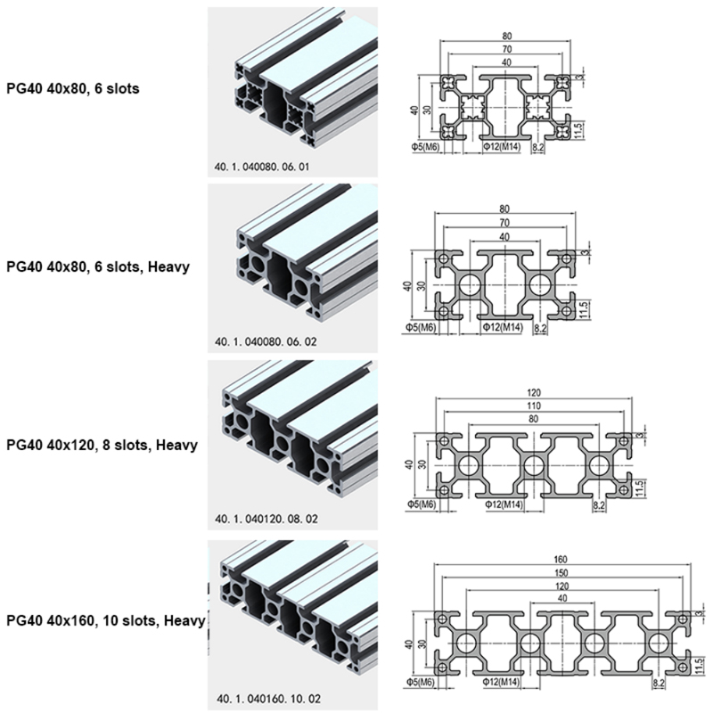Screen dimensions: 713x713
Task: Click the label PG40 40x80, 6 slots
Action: (72, 89)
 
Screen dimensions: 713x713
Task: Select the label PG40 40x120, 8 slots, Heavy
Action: (101, 443)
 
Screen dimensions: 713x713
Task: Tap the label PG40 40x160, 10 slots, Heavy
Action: (106, 620)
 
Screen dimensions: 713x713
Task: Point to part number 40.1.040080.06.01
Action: (262, 166)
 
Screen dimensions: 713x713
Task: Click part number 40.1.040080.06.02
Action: (262, 341)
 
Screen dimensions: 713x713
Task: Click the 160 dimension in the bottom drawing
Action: (560, 559)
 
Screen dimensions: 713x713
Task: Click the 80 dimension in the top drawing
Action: (505, 37)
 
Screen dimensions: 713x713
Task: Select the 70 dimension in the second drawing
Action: (505, 222)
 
